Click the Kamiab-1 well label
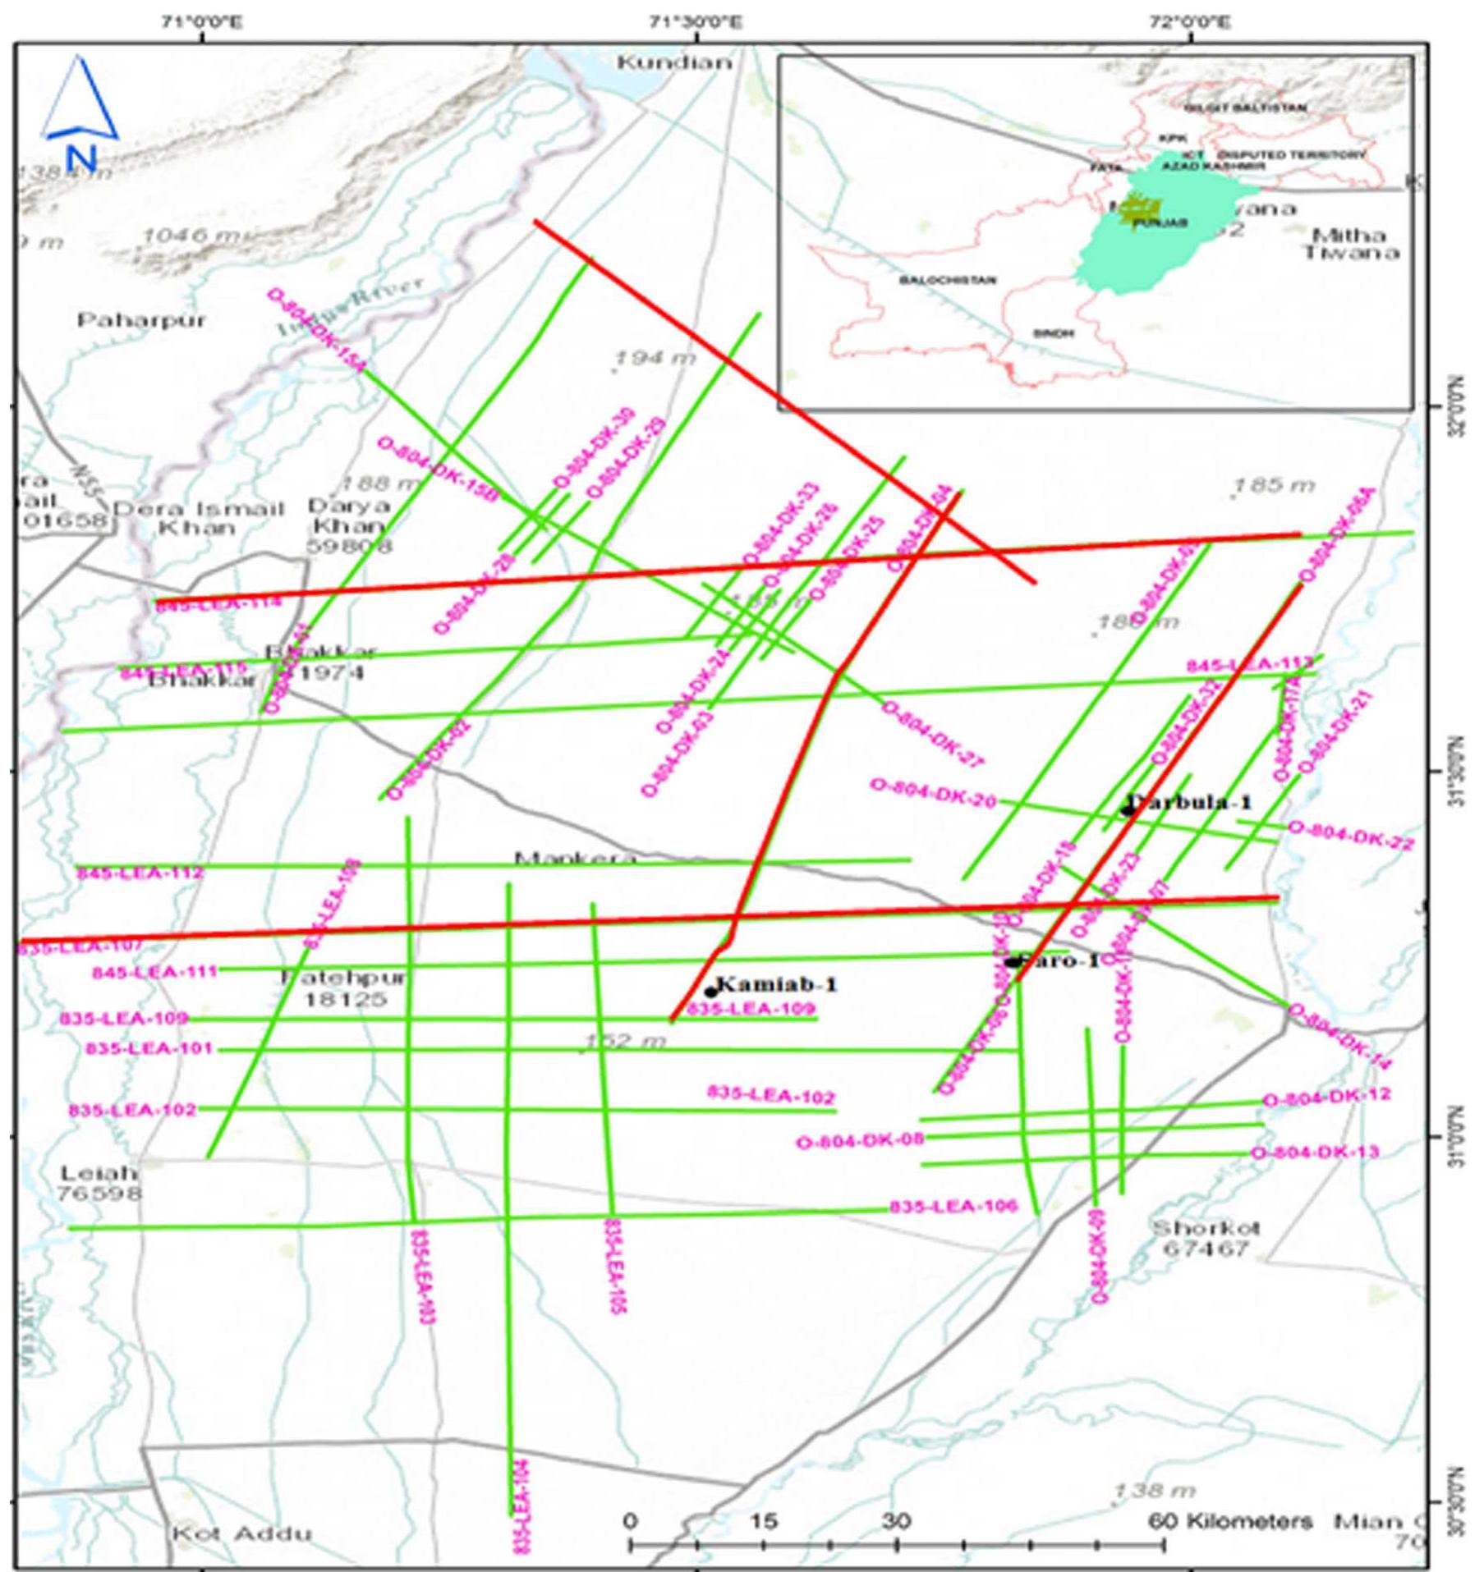[777, 984]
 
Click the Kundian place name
[673, 62]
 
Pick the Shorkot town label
[1206, 1239]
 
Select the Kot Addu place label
[241, 1533]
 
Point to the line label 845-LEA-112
[140, 873]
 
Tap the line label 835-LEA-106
[953, 1207]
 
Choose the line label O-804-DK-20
[933, 793]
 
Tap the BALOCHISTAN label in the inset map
[947, 281]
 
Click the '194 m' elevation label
[655, 358]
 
